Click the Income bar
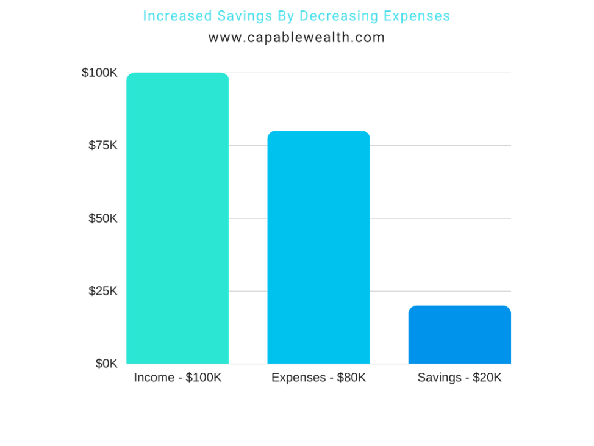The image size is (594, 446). tap(177, 218)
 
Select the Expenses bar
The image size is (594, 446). tap(318, 247)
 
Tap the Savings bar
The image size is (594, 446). tap(459, 334)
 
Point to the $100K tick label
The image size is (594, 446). tap(99, 73)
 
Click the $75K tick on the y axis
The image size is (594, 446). tap(102, 145)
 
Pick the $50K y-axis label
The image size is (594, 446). tap(102, 218)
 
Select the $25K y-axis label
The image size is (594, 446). tap(102, 290)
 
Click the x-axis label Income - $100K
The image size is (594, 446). tap(177, 378)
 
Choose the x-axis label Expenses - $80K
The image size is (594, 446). tap(318, 378)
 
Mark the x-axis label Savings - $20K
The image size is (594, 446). tap(459, 378)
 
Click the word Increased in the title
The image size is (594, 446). tap(172, 16)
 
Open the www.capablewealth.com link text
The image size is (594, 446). tap(296, 38)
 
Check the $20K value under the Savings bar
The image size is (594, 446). tap(486, 378)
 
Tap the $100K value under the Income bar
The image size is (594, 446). tap(204, 378)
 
